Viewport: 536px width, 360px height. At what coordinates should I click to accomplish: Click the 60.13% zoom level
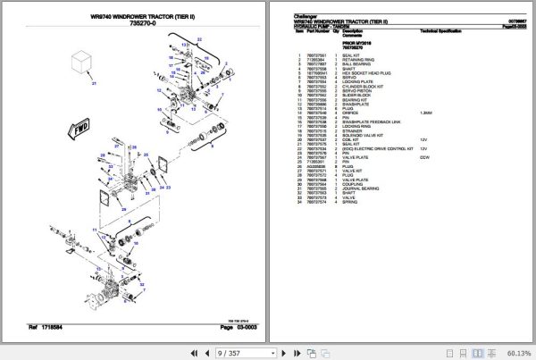pos(515,352)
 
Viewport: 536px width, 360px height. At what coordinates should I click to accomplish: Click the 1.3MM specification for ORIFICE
pos(427,113)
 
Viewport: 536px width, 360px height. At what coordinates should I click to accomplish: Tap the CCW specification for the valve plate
pos(425,156)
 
